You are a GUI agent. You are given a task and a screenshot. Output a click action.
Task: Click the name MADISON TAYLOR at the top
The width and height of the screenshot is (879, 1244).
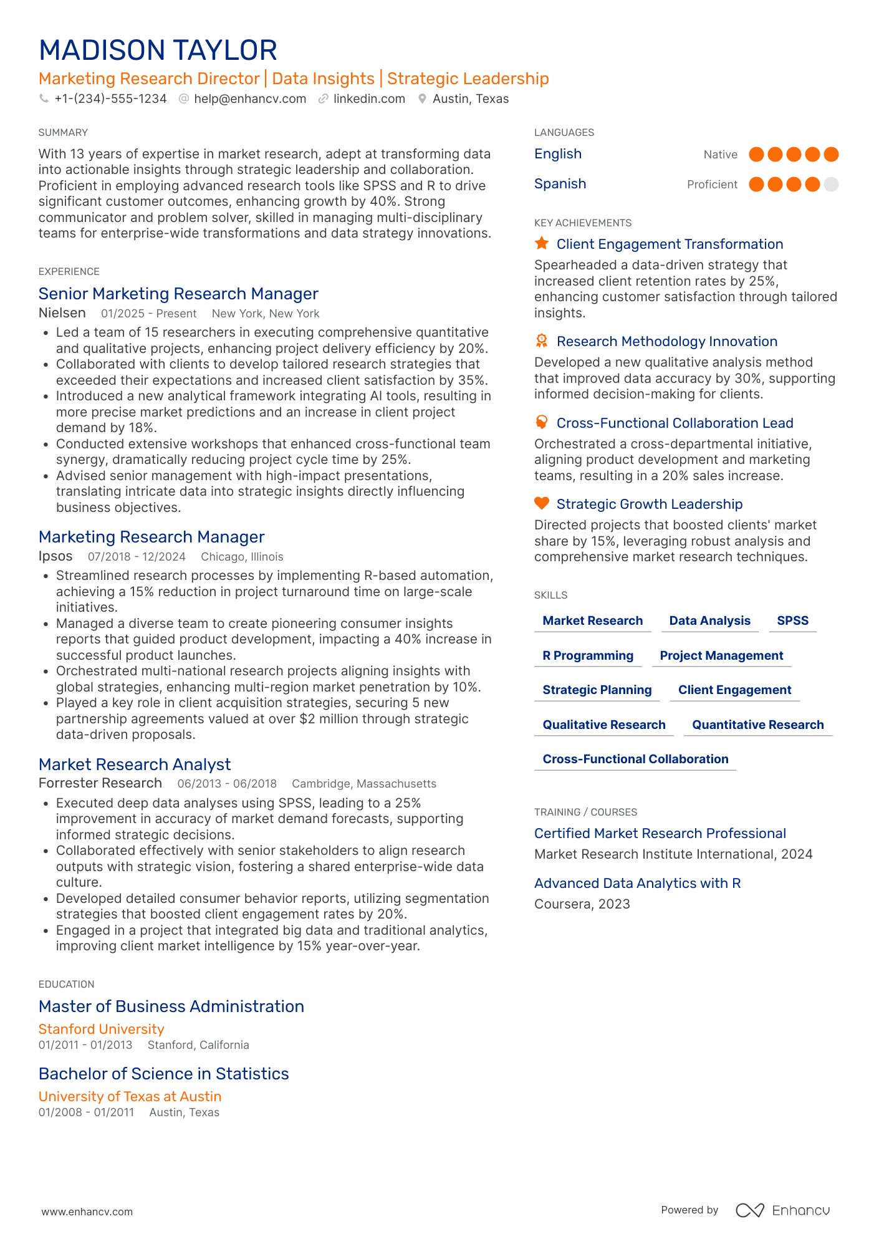coord(158,51)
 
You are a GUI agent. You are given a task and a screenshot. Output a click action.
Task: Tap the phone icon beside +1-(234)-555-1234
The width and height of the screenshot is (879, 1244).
coord(44,99)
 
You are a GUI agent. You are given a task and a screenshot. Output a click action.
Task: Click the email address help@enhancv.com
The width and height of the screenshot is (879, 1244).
coord(249,99)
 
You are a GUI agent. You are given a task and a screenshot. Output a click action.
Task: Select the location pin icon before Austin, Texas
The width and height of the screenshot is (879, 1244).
coord(422,99)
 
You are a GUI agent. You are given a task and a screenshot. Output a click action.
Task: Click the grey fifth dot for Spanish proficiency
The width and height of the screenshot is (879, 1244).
coord(830,184)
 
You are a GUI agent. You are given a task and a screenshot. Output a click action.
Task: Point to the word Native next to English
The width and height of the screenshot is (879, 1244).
coord(720,155)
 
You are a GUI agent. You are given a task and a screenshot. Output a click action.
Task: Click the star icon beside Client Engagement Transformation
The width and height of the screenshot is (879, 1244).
coord(542,243)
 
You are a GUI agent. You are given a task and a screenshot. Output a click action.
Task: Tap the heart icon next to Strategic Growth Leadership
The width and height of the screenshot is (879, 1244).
coord(542,503)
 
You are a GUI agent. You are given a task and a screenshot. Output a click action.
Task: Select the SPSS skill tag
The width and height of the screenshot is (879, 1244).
coord(792,620)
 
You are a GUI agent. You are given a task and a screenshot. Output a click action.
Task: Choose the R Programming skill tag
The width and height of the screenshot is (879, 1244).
coord(588,655)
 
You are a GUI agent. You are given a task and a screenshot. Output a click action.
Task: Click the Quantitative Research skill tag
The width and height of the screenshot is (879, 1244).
coord(757,725)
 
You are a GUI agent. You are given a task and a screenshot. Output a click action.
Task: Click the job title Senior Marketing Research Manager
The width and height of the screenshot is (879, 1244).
coord(178,294)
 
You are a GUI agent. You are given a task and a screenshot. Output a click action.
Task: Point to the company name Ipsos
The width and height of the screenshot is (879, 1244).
coord(55,556)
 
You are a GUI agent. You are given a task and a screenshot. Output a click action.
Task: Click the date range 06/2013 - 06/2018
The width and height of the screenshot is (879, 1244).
coord(227,784)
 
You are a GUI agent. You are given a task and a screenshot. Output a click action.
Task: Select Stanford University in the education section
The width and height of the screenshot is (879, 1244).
coord(102,1029)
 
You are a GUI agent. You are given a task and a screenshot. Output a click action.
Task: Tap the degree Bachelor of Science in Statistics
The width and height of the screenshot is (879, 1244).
coord(164,1074)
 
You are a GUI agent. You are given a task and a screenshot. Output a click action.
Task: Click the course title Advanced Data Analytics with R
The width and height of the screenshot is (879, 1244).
coord(637,883)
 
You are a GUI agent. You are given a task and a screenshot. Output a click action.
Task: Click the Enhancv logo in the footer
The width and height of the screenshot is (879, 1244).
coord(782,1210)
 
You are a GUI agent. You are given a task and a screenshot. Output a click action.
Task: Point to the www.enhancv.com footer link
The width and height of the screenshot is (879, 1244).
coord(87,1212)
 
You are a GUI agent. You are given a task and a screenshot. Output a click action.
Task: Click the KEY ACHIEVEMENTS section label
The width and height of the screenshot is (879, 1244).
coord(583,223)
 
